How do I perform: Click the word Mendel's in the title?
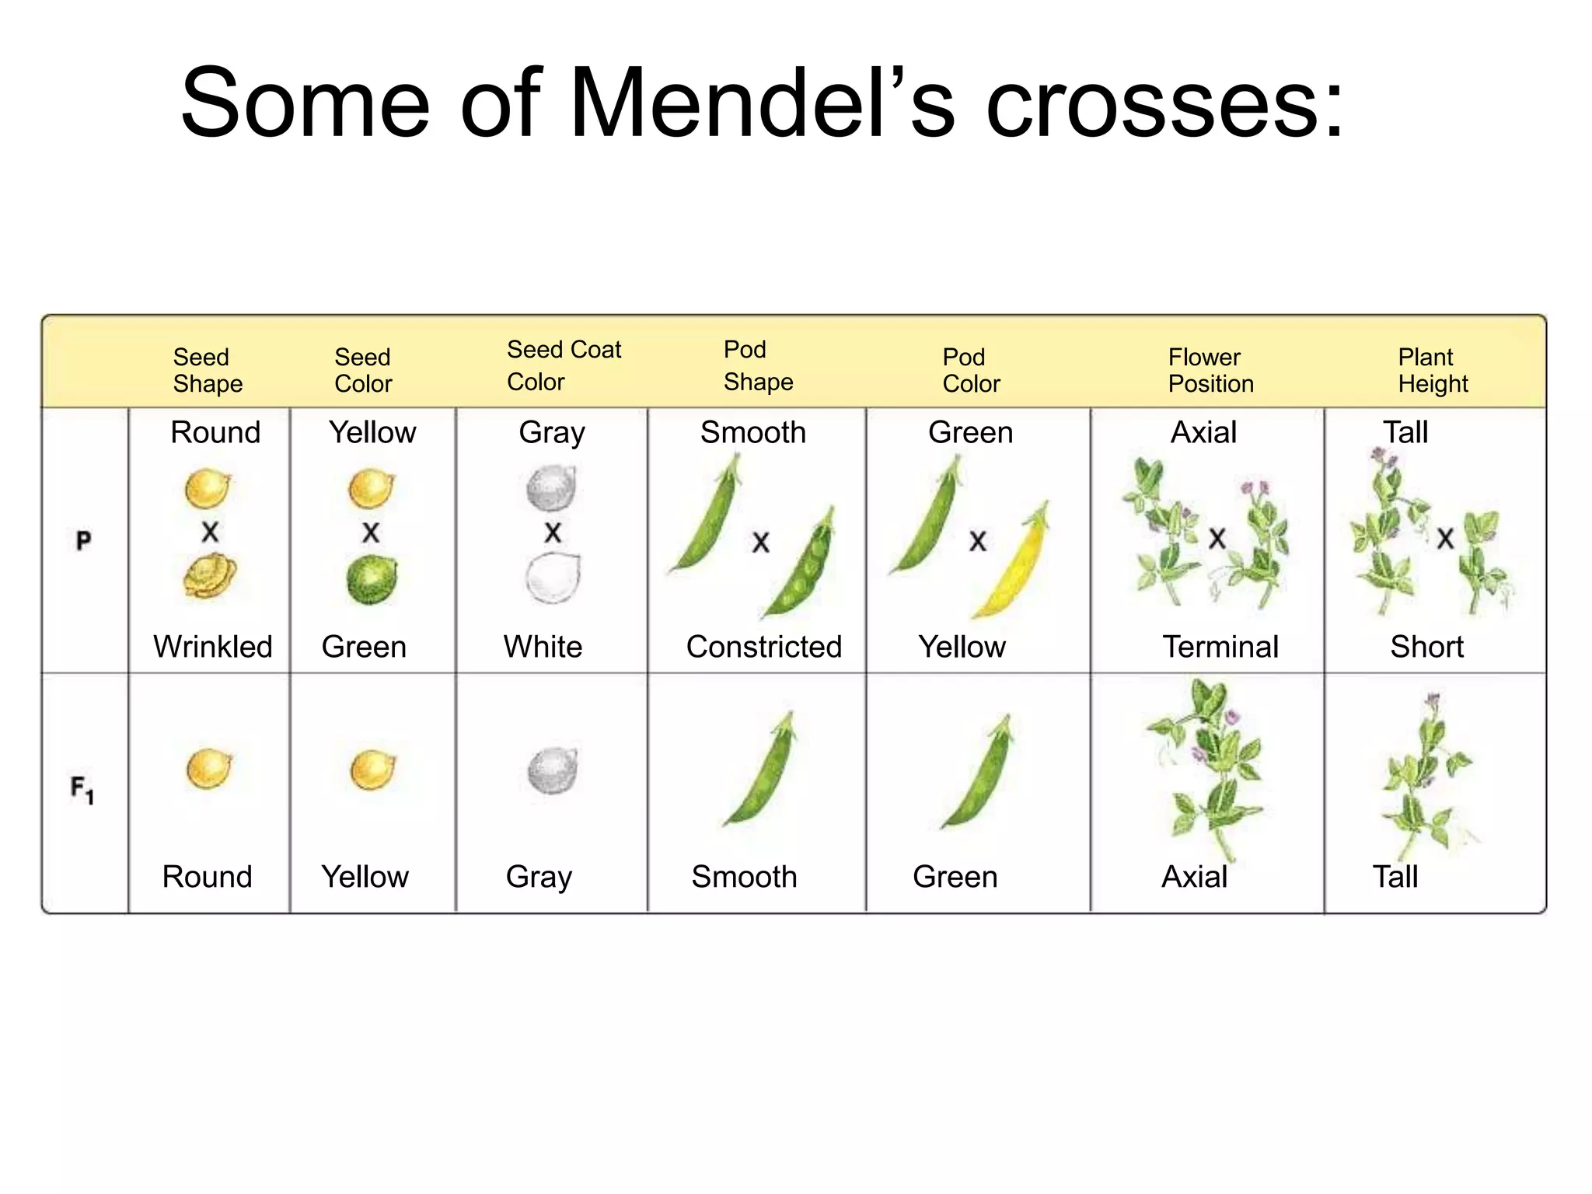point(762,103)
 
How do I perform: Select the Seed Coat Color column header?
point(564,365)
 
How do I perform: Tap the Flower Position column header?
point(1210,370)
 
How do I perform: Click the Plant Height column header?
point(1432,370)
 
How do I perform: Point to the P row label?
point(84,539)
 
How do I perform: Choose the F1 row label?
point(82,790)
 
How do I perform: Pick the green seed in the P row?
point(371,581)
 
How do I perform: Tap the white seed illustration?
point(553,578)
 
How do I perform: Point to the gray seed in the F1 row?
point(553,770)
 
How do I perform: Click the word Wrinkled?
point(213,647)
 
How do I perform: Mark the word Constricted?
point(763,647)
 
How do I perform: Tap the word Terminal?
point(1220,647)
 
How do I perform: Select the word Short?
point(1426,647)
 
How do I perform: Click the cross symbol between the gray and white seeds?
point(553,533)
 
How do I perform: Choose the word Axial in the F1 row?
point(1194,877)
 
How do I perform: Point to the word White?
point(543,647)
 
